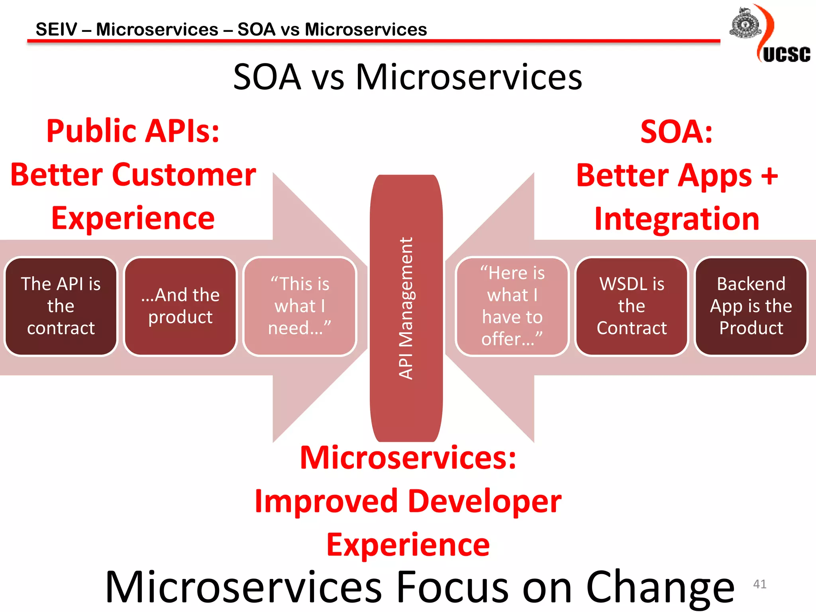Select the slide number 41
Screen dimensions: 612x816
[x=759, y=584]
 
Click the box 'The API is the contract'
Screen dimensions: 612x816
[x=61, y=306]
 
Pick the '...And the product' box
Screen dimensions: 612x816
[x=180, y=306]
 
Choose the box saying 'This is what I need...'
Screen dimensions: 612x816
[x=300, y=306]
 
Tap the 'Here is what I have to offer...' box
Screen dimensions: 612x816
[x=512, y=306]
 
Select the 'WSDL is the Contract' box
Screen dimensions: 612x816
[x=632, y=306]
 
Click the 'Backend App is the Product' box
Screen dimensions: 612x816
[x=751, y=306]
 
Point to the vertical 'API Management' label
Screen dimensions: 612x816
[x=406, y=308]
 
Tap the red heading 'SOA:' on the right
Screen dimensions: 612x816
[x=676, y=131]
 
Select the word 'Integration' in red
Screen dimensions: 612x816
[x=676, y=219]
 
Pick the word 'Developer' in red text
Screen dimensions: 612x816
[x=484, y=501]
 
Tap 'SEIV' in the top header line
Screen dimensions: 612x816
[x=56, y=29]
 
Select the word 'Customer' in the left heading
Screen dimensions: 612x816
[x=184, y=175]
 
